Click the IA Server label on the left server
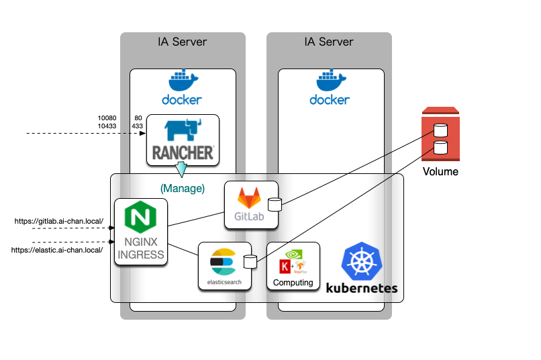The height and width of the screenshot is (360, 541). pyautogui.click(x=182, y=42)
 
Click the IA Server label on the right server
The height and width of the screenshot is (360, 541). pyautogui.click(x=328, y=42)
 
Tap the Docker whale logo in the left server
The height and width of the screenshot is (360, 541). pyautogui.click(x=182, y=81)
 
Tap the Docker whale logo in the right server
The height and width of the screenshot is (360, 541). pyautogui.click(x=330, y=81)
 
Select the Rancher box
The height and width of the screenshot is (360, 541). pyautogui.click(x=183, y=140)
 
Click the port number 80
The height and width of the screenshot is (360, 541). pyautogui.click(x=138, y=118)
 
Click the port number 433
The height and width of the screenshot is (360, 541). pyautogui.click(x=138, y=126)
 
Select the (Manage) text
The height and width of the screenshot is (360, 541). pyautogui.click(x=182, y=189)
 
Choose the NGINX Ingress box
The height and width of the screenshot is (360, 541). pyautogui.click(x=140, y=232)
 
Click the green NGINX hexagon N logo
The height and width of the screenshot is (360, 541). pyautogui.click(x=140, y=217)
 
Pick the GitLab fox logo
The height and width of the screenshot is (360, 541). pyautogui.click(x=250, y=197)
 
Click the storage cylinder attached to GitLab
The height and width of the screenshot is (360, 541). pyautogui.click(x=274, y=204)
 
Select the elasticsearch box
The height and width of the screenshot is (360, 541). pyautogui.click(x=224, y=266)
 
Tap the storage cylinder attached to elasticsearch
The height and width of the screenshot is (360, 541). pyautogui.click(x=250, y=262)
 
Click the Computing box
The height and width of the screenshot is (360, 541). pyautogui.click(x=293, y=266)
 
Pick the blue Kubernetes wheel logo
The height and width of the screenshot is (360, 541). pyautogui.click(x=362, y=262)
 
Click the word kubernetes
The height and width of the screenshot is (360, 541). pyautogui.click(x=362, y=288)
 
